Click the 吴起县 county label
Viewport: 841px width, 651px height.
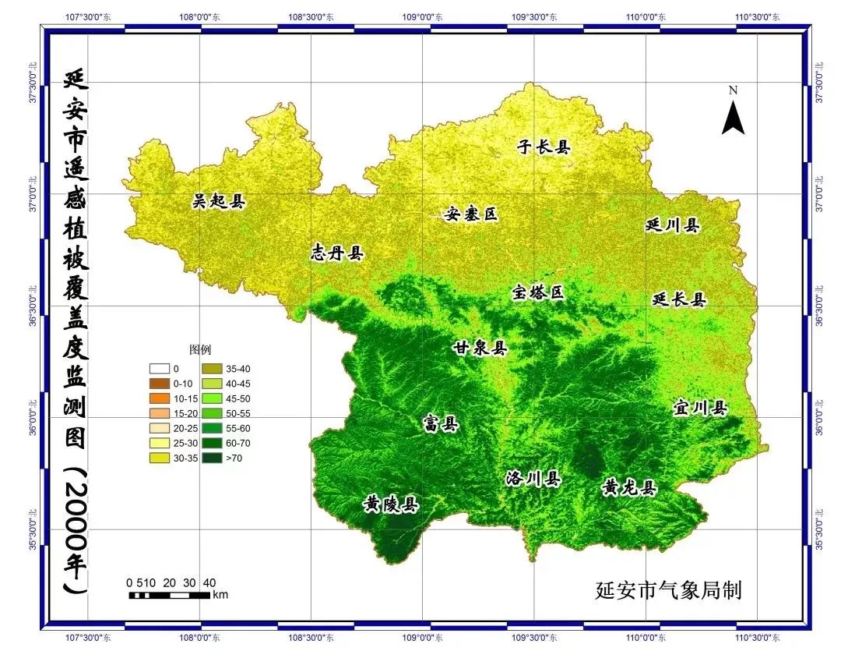pos(218,202)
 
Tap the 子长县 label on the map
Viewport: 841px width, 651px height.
pos(544,147)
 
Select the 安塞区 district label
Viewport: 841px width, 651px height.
pos(471,214)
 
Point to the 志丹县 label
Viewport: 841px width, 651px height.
pos(337,253)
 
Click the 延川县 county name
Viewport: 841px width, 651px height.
pos(673,225)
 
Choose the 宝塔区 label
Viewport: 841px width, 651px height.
pos(537,293)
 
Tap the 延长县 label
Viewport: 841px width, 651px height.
pos(678,299)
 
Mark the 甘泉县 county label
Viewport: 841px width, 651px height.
pos(480,348)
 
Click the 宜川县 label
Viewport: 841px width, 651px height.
pos(699,408)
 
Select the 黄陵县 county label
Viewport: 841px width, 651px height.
pos(391,505)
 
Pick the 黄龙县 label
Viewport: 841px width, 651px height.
pos(629,488)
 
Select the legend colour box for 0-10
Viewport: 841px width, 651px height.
pos(160,384)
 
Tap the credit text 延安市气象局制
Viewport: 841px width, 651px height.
pos(667,590)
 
